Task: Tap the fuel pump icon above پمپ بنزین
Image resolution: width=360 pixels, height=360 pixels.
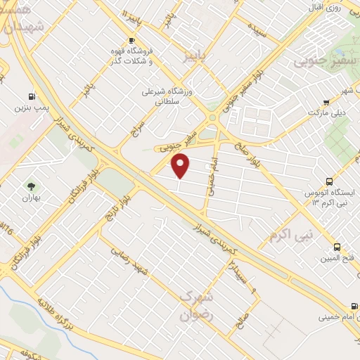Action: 31,96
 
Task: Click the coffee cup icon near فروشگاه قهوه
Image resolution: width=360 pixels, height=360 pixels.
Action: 130,39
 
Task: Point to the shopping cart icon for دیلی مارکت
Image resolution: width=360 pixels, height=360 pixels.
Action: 326,103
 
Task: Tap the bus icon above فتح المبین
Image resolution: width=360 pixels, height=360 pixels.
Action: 337,247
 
